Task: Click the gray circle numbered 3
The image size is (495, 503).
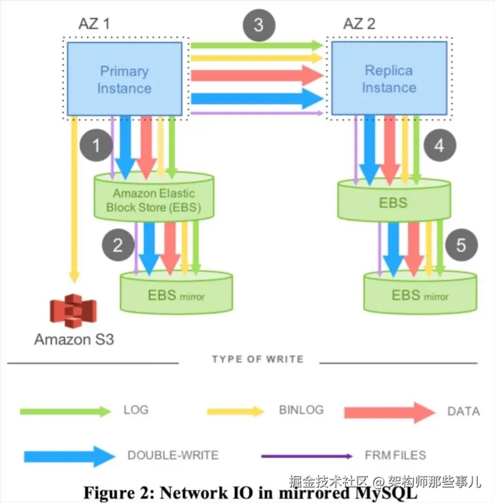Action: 259,25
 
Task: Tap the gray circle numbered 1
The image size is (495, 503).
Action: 96,145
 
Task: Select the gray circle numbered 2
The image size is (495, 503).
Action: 118,245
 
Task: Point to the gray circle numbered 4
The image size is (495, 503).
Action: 440,145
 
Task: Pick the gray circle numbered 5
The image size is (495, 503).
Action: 462,245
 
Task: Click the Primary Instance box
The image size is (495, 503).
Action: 125,79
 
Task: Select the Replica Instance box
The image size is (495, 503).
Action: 389,78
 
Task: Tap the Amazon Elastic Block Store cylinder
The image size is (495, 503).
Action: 154,197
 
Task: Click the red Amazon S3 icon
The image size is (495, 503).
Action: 73,311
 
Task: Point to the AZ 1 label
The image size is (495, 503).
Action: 94,23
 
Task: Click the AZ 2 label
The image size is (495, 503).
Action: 359,23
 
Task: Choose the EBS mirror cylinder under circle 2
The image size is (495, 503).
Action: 176,292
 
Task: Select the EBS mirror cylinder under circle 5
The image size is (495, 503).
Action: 420,292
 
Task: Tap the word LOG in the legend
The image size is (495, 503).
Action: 136,410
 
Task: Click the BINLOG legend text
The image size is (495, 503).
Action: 301,410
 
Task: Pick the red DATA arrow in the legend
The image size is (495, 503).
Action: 390,413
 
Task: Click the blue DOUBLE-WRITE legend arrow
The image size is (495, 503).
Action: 70,456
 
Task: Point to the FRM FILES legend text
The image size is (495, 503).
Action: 395,455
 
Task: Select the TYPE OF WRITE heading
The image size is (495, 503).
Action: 258,359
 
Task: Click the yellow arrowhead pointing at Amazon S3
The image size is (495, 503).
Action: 74,277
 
